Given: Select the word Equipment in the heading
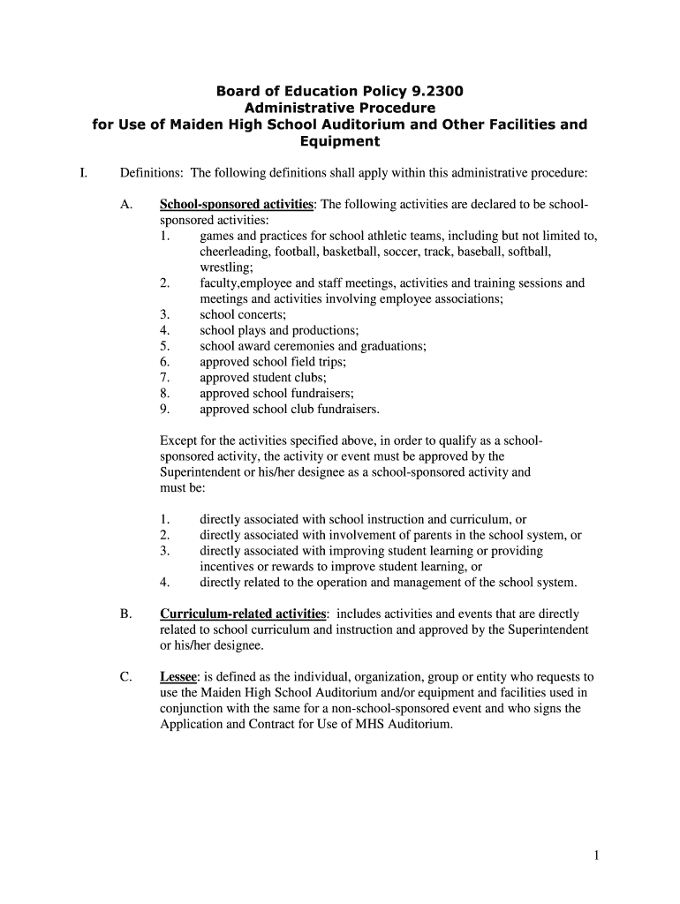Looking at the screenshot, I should click(x=340, y=141).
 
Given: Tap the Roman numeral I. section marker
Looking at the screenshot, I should click(x=82, y=173).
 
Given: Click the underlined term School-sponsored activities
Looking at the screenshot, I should click(x=236, y=205).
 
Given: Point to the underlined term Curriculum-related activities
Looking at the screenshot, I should click(x=243, y=614).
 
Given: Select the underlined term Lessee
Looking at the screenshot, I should click(x=179, y=677).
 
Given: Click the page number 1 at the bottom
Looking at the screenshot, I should click(x=597, y=855).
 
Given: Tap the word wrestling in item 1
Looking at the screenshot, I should click(x=226, y=267).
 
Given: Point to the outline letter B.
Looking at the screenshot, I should click(x=125, y=614).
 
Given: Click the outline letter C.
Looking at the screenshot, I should click(x=125, y=677).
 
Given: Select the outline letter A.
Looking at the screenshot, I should click(x=125, y=205).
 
